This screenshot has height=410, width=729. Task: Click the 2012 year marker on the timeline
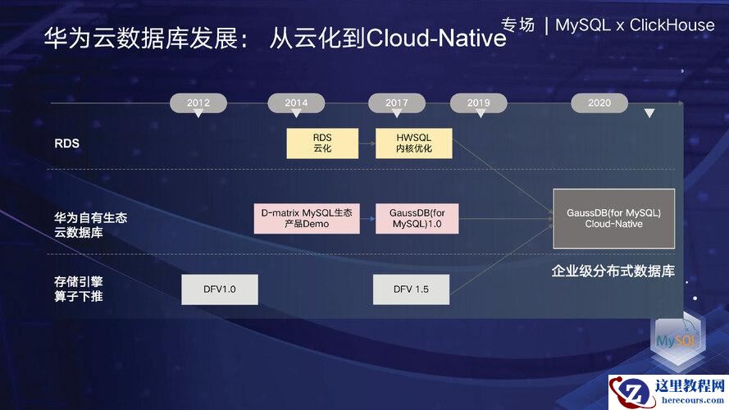(x=198, y=102)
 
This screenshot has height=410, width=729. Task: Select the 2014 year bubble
(x=296, y=102)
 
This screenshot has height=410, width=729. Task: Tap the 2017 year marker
(x=397, y=102)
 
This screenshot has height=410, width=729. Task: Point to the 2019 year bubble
(x=478, y=102)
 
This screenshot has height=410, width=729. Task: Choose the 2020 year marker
(x=599, y=102)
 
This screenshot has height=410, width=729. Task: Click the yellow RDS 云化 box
(x=321, y=143)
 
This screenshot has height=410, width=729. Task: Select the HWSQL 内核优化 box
(x=413, y=143)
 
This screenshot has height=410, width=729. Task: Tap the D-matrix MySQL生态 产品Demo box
(x=306, y=218)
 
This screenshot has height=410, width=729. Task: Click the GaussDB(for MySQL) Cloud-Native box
(x=613, y=218)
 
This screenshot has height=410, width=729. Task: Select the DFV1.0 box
(x=219, y=289)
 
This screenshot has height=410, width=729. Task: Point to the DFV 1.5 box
(x=411, y=289)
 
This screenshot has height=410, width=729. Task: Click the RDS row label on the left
(x=66, y=143)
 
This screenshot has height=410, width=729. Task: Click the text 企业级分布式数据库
(x=613, y=271)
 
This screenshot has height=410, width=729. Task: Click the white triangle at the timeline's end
(x=649, y=113)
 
